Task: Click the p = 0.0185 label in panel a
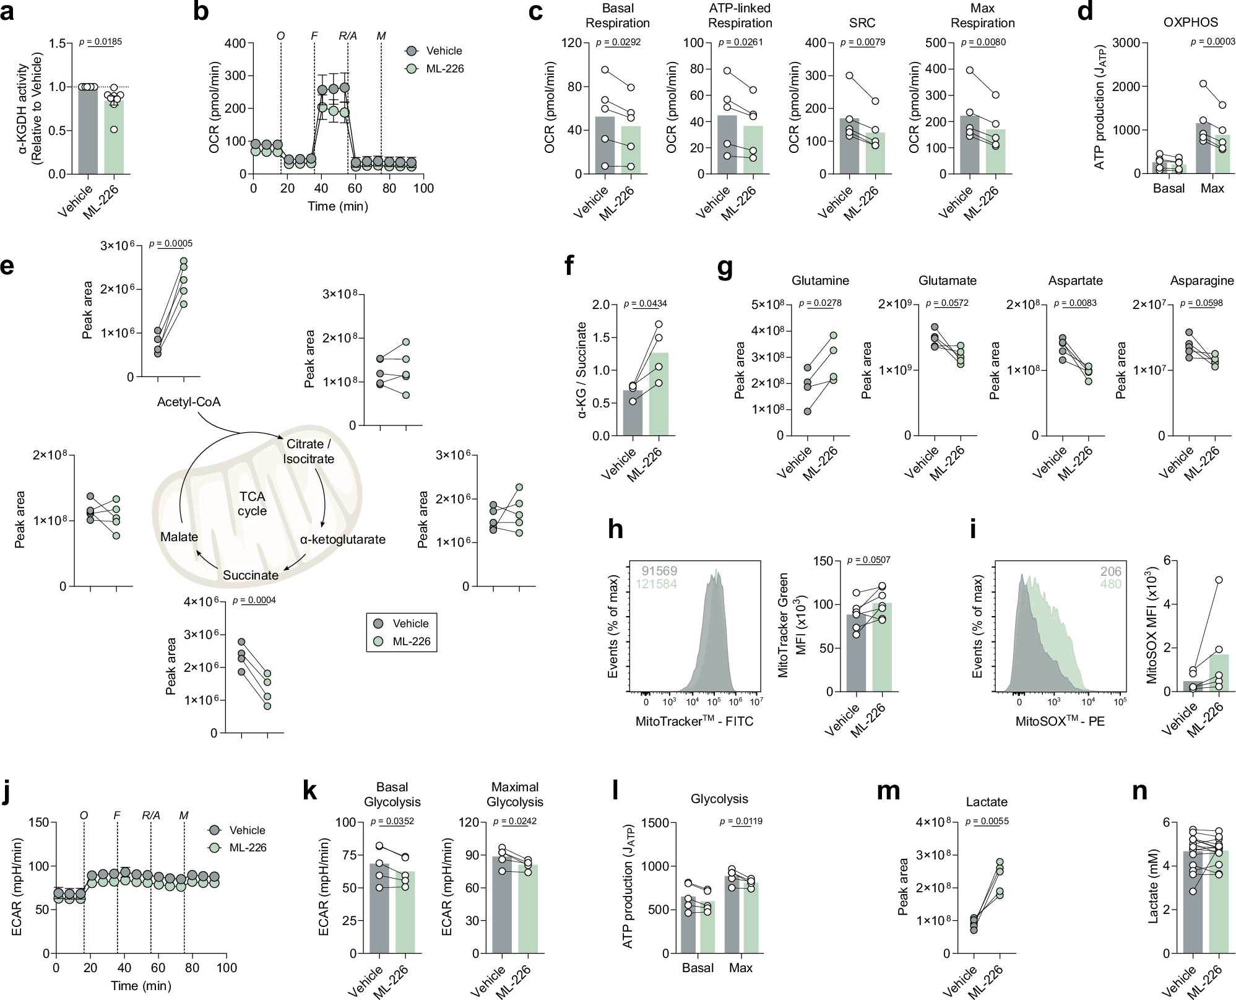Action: tap(101, 42)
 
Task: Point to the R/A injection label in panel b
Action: tap(348, 36)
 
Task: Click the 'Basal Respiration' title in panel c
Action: tap(617, 15)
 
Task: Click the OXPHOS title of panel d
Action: tap(1190, 22)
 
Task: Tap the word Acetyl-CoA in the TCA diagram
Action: tap(189, 402)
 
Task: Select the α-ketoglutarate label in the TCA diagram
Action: tap(343, 539)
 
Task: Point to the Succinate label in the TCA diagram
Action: tap(251, 575)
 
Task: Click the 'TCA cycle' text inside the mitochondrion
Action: tap(253, 503)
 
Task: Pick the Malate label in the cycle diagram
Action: tap(179, 537)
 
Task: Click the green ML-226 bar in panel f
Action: tap(659, 396)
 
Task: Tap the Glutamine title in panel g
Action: tap(820, 280)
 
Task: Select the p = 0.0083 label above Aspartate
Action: tap(1075, 303)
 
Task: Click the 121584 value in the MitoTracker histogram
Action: tap(656, 583)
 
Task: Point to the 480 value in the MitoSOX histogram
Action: tap(1111, 583)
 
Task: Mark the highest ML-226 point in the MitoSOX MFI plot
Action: tap(1219, 580)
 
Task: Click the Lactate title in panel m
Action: tap(987, 802)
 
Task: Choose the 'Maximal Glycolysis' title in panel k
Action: tap(514, 794)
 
